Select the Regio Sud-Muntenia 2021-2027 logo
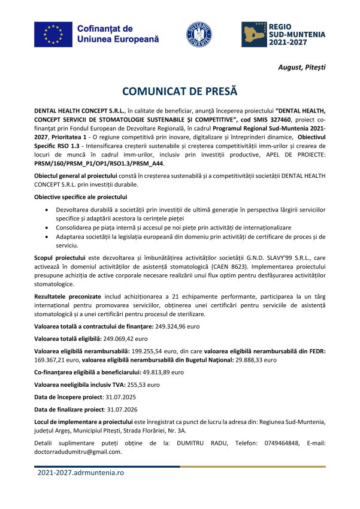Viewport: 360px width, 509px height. pyautogui.click(x=283, y=35)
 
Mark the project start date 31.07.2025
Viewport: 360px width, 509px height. pyautogui.click(x=125, y=397)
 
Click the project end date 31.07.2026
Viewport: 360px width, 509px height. pyautogui.click(x=127, y=410)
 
